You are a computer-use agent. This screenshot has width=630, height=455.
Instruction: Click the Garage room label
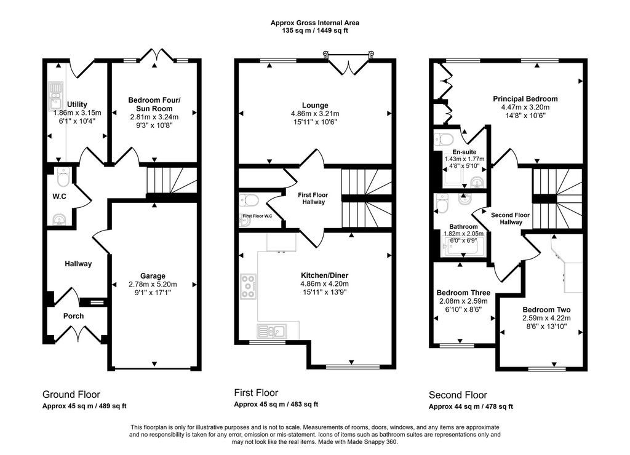coord(153,276)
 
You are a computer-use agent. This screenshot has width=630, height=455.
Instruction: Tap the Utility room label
coord(77,105)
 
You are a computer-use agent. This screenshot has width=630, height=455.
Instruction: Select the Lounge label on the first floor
coord(315,106)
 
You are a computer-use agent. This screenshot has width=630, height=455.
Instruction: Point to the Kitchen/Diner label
coord(325,275)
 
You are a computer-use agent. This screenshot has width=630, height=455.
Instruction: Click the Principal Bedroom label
coord(525,99)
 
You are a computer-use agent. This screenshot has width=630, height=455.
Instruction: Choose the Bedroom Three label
coord(463,293)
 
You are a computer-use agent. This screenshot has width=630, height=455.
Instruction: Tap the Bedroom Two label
coord(546,310)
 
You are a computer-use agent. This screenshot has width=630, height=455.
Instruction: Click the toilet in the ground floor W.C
coord(63,176)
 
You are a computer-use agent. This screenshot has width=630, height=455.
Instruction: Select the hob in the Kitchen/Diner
coord(249,287)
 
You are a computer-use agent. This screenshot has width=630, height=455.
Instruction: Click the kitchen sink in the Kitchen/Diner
coord(272,331)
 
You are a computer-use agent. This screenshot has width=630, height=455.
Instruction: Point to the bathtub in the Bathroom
coord(463,247)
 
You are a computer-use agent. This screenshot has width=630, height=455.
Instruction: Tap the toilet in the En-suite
coord(444,140)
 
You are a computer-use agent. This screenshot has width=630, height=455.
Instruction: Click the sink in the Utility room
coord(55,96)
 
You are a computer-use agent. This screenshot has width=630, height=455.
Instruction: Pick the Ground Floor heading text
coord(71,394)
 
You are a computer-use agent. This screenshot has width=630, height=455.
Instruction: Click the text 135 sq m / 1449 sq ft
coord(315,31)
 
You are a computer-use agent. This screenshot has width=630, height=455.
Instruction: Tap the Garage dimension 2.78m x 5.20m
coord(153,284)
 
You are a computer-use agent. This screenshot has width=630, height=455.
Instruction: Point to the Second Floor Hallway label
coord(510,218)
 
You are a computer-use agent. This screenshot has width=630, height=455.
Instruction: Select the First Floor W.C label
coord(258,216)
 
